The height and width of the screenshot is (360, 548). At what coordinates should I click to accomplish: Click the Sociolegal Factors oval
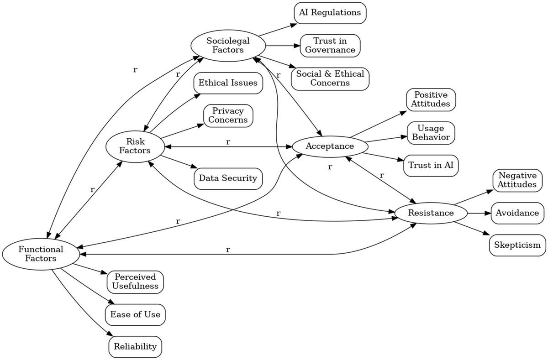pyautogui.click(x=228, y=46)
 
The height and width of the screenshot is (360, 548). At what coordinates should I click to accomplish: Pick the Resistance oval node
pyautogui.click(x=431, y=213)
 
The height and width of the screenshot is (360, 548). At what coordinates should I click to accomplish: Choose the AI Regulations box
pyautogui.click(x=330, y=13)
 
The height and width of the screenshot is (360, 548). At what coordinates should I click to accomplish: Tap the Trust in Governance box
pyautogui.click(x=330, y=46)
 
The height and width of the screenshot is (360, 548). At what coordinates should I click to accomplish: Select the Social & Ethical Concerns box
pyautogui.click(x=330, y=78)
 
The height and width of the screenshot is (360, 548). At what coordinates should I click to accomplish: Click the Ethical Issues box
pyautogui.click(x=228, y=83)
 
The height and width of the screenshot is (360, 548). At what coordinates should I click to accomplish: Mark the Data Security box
pyautogui.click(x=228, y=178)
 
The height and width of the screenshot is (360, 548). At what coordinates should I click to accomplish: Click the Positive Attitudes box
pyautogui.click(x=431, y=99)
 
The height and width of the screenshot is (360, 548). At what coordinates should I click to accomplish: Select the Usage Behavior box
pyautogui.click(x=431, y=133)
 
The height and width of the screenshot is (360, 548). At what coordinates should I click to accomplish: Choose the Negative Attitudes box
pyautogui.click(x=517, y=180)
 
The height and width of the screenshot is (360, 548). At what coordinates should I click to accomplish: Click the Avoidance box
pyautogui.click(x=517, y=213)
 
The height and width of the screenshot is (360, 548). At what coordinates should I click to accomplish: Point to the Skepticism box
pyautogui.click(x=517, y=245)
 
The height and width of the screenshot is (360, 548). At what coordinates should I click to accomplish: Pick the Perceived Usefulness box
pyautogui.click(x=135, y=282)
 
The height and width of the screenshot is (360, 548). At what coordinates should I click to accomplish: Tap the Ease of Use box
pyautogui.click(x=135, y=314)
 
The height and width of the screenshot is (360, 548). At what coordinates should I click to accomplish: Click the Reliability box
pyautogui.click(x=135, y=346)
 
